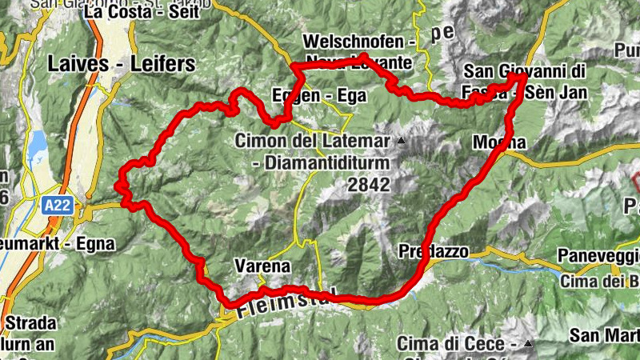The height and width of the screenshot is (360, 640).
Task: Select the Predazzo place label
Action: [432, 250]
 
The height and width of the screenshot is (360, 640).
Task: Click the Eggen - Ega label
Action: [318, 96]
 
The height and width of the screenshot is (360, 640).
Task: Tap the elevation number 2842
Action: [368, 185]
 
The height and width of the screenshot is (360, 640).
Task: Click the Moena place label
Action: [499, 142]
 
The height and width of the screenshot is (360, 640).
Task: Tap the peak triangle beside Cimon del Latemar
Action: [402, 142]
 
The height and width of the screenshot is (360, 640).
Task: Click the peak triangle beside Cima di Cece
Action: [528, 344]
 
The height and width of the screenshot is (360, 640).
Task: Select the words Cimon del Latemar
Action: [312, 141]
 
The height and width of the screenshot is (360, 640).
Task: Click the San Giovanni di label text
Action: [524, 72]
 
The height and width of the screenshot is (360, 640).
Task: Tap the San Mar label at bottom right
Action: [604, 334]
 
